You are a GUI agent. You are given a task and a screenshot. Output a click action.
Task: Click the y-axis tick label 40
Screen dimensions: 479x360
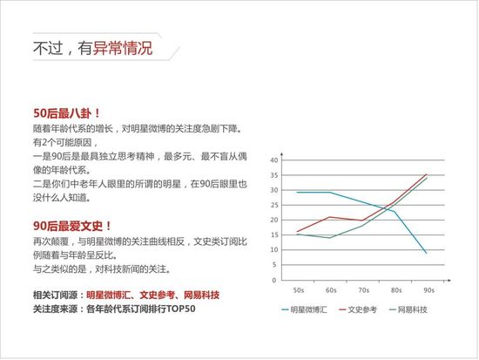pos(274,160)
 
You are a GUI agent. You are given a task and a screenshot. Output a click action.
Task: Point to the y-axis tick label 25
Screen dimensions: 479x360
pos(274,205)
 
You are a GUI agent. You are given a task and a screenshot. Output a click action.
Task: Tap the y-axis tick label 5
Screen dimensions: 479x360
pos(274,265)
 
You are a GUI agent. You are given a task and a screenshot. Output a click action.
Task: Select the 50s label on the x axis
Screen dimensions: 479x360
pos(299,290)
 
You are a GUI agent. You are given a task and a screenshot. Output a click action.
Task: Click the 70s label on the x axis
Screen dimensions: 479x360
pos(363,290)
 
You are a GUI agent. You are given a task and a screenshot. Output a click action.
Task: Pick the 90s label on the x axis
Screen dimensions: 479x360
pos(428,290)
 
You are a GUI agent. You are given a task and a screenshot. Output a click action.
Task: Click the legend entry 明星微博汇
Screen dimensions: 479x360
pos(304,309)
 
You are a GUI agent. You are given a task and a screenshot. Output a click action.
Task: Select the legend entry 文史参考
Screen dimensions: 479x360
pos(358,309)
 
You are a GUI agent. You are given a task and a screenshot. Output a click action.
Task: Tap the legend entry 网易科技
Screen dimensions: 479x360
pos(408,309)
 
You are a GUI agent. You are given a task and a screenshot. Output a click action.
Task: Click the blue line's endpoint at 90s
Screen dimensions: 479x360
pos(427,254)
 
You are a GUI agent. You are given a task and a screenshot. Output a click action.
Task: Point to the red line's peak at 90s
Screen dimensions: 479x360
pos(427,174)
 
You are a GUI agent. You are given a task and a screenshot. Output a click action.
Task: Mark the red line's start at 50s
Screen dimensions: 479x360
pos(297,232)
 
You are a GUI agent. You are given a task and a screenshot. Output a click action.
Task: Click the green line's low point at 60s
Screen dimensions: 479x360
pos(329,238)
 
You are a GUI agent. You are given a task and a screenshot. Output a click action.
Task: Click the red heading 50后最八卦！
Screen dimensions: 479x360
pos(66,113)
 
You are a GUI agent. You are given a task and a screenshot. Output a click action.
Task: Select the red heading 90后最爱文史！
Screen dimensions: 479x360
pos(72,227)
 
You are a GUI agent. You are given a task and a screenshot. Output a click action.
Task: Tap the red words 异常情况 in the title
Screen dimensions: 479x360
pos(123,48)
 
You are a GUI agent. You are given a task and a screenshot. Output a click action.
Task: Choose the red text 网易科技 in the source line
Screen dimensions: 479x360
pos(202,295)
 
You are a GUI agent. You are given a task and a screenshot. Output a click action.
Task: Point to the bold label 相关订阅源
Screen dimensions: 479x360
pos(55,295)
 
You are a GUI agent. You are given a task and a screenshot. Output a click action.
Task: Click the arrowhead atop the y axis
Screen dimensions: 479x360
pos(281,154)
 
